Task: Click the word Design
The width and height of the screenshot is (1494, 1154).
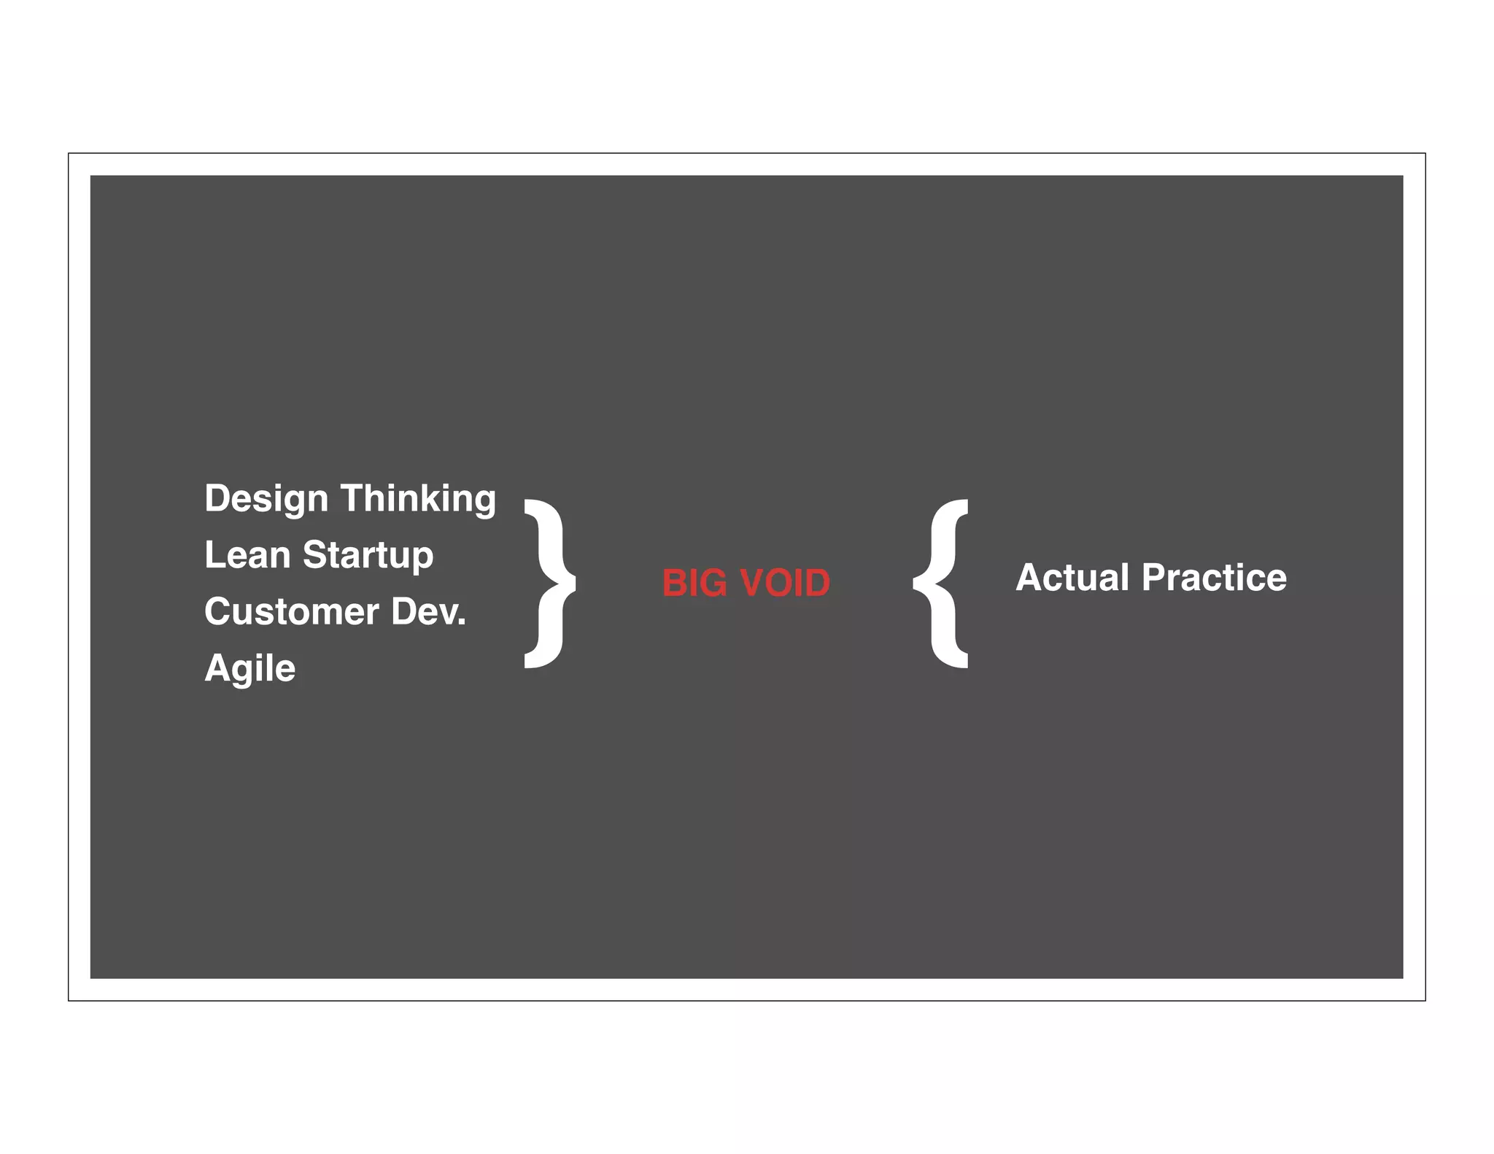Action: tap(266, 500)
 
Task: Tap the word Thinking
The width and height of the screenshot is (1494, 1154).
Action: tap(418, 500)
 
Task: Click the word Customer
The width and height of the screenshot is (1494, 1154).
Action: tap(291, 611)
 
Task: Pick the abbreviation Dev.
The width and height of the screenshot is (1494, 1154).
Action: tap(428, 611)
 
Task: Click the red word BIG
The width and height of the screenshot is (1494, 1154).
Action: tap(694, 584)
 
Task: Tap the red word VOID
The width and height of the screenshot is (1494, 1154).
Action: tap(785, 584)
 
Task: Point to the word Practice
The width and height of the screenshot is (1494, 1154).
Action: tap(1214, 578)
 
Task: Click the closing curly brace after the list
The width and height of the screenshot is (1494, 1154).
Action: tap(549, 584)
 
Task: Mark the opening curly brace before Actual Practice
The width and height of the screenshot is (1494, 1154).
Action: tap(942, 584)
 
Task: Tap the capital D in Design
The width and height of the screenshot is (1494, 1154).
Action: tap(217, 498)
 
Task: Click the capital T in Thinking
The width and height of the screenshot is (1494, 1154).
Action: tap(354, 498)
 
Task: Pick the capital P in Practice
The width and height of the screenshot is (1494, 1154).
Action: tap(1154, 578)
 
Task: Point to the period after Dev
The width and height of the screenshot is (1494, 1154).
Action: tap(461, 624)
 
